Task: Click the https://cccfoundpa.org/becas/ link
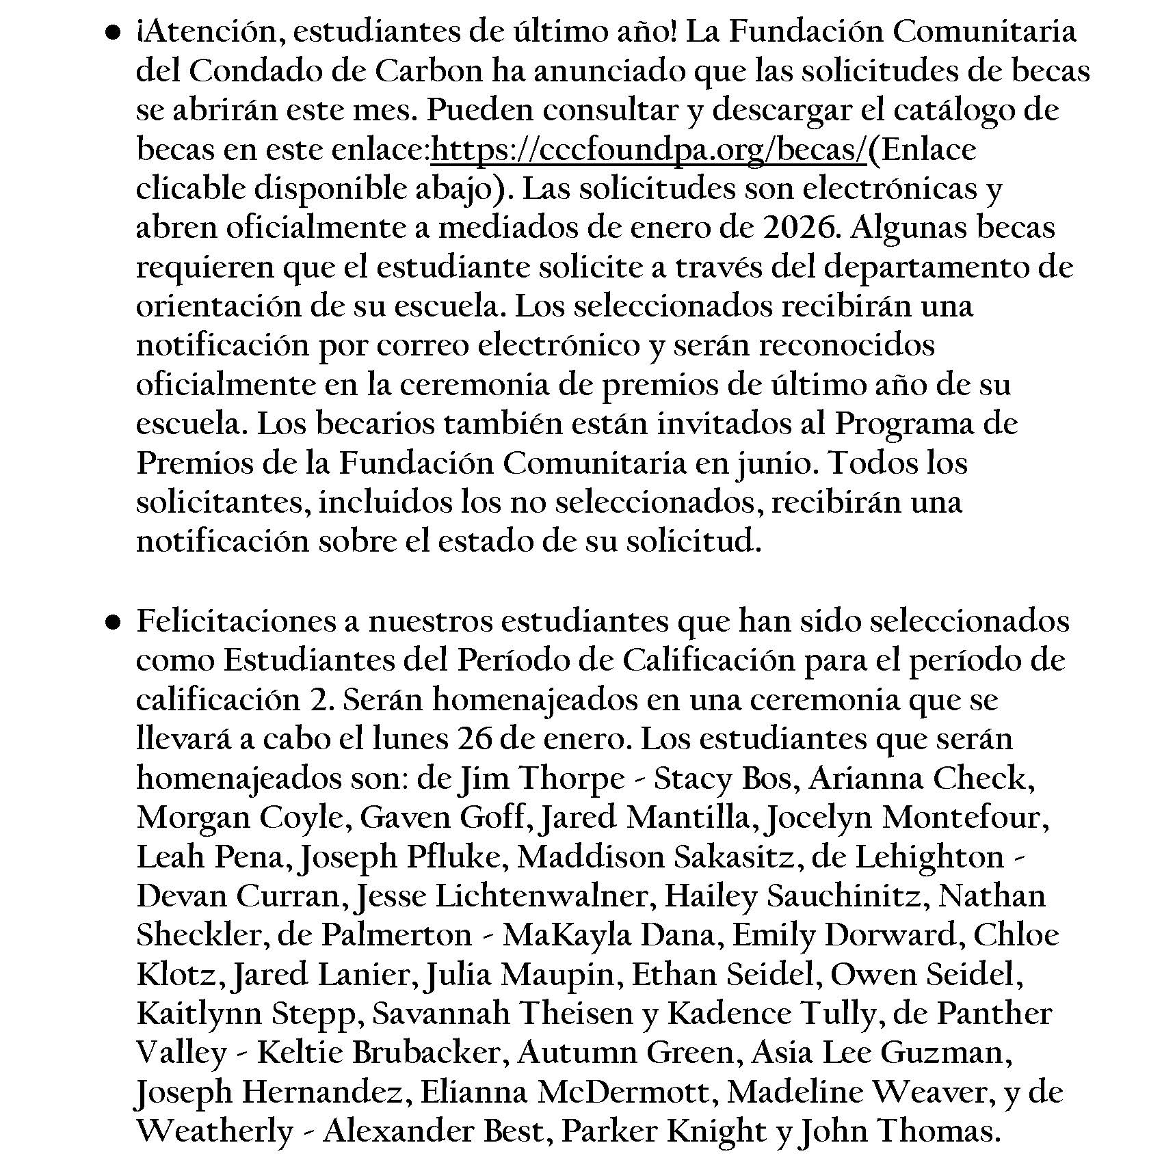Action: click(x=649, y=150)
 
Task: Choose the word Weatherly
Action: click(x=215, y=1131)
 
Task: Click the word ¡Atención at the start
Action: click(x=206, y=32)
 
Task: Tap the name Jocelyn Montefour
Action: click(x=907, y=818)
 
